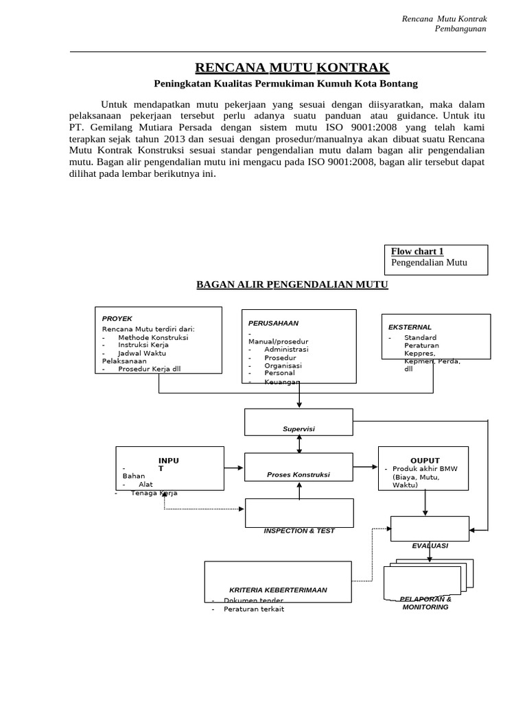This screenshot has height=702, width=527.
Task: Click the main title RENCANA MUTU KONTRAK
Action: pyautogui.click(x=292, y=67)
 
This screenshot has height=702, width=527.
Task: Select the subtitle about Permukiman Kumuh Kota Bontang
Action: pyautogui.click(x=284, y=84)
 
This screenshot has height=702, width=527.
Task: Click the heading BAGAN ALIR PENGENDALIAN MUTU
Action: pyautogui.click(x=292, y=284)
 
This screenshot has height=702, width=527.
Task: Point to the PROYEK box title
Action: pyautogui.click(x=117, y=319)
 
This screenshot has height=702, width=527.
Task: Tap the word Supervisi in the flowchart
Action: pyautogui.click(x=298, y=428)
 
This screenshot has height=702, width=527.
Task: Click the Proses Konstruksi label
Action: pyautogui.click(x=298, y=474)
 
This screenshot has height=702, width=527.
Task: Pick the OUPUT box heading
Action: pyautogui.click(x=425, y=460)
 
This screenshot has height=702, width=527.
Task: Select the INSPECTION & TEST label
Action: pyautogui.click(x=299, y=531)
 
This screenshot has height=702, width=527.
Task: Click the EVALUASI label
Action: pyautogui.click(x=430, y=545)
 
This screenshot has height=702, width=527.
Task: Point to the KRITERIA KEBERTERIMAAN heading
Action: pyautogui.click(x=278, y=590)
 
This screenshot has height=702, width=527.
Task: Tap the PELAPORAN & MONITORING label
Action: pyautogui.click(x=425, y=603)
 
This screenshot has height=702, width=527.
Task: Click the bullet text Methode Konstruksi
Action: pyautogui.click(x=152, y=337)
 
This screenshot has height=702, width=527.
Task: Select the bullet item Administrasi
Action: pyautogui.click(x=286, y=349)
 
